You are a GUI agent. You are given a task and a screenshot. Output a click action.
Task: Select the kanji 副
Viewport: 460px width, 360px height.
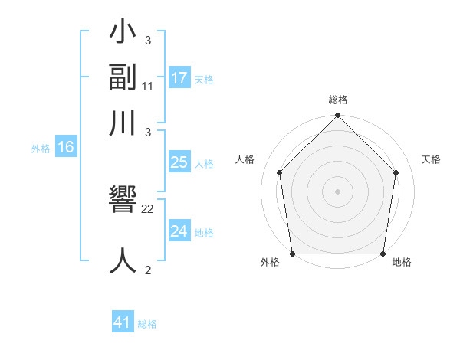pyautogui.click(x=123, y=80)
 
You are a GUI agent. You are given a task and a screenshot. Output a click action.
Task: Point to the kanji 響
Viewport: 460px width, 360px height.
pyautogui.click(x=123, y=201)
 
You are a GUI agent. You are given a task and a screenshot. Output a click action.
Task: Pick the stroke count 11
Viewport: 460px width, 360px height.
pyautogui.click(x=148, y=87)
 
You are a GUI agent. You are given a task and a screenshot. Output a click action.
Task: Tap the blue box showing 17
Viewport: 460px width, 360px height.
pyautogui.click(x=179, y=78)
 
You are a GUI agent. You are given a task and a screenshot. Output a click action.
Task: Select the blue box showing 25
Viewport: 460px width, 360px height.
pyautogui.click(x=179, y=162)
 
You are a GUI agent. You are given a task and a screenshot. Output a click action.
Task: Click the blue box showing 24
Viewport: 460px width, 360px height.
pyautogui.click(x=179, y=231)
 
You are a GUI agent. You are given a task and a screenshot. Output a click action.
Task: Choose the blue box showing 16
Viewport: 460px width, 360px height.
pyautogui.click(x=66, y=148)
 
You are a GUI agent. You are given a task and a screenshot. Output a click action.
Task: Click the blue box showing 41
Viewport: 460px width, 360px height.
pyautogui.click(x=123, y=322)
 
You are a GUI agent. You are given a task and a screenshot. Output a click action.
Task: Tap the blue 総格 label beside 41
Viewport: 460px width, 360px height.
pyautogui.click(x=147, y=324)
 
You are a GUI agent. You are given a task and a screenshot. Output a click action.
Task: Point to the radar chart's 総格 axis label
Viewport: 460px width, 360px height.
pyautogui.click(x=337, y=100)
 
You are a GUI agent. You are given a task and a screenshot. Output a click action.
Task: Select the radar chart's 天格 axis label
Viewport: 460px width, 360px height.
pyautogui.click(x=432, y=159)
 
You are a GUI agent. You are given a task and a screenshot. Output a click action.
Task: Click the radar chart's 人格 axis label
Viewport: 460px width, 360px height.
pyautogui.click(x=245, y=159)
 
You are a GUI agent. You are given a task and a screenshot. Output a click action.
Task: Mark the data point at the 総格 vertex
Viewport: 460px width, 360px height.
pyautogui.click(x=337, y=116)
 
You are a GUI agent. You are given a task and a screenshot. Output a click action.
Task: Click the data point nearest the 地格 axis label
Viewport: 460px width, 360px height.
pyautogui.click(x=383, y=254)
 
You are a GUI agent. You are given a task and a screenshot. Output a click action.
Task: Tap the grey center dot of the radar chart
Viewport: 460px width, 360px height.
pyautogui.click(x=337, y=191)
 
